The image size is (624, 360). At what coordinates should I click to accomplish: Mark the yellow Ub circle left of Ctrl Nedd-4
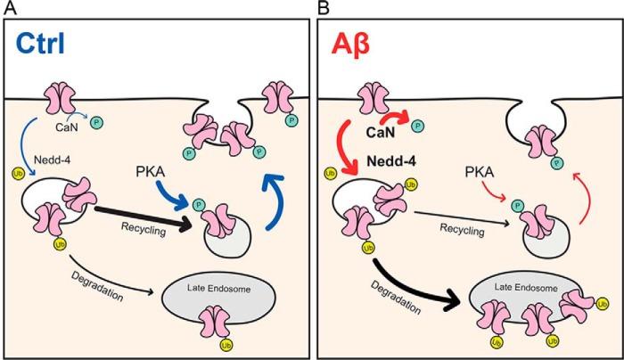pos(18,162)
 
